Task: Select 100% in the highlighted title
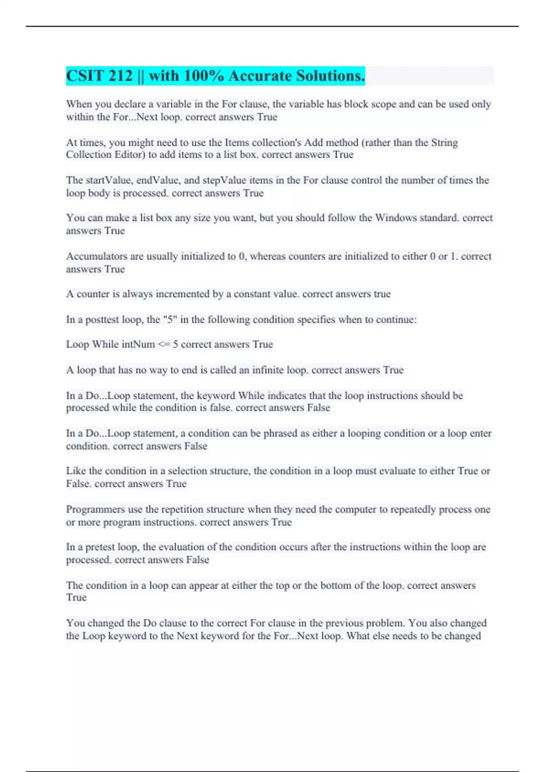204,76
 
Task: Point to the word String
445,143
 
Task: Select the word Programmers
95,510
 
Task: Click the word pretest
100,547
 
